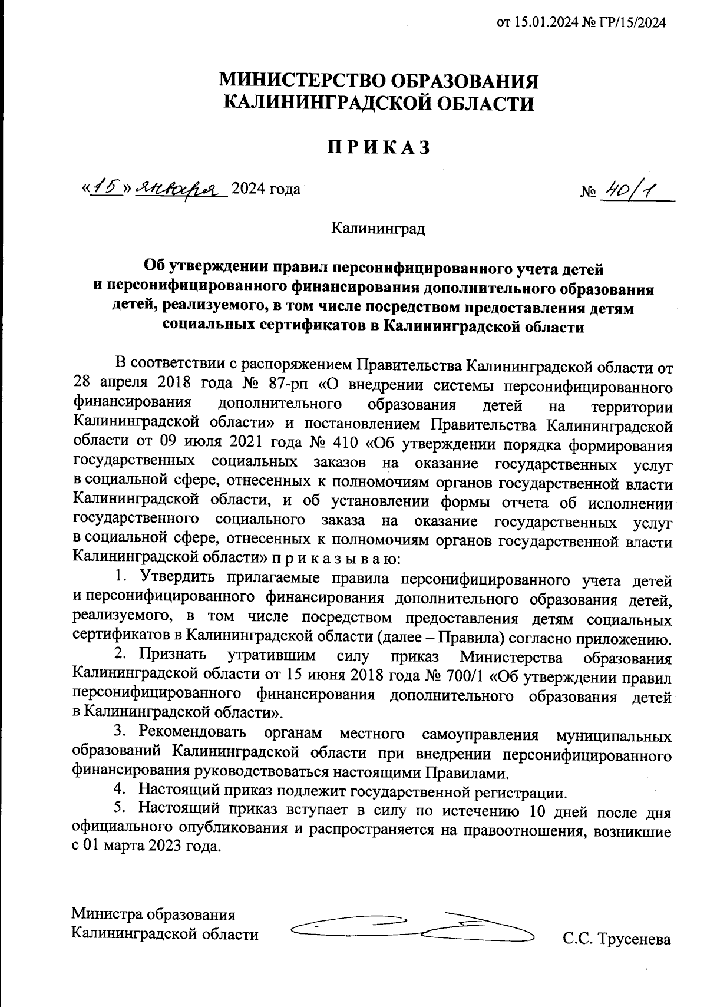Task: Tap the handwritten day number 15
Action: click(107, 188)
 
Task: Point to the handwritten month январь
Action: click(181, 188)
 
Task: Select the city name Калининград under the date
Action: click(378, 228)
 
